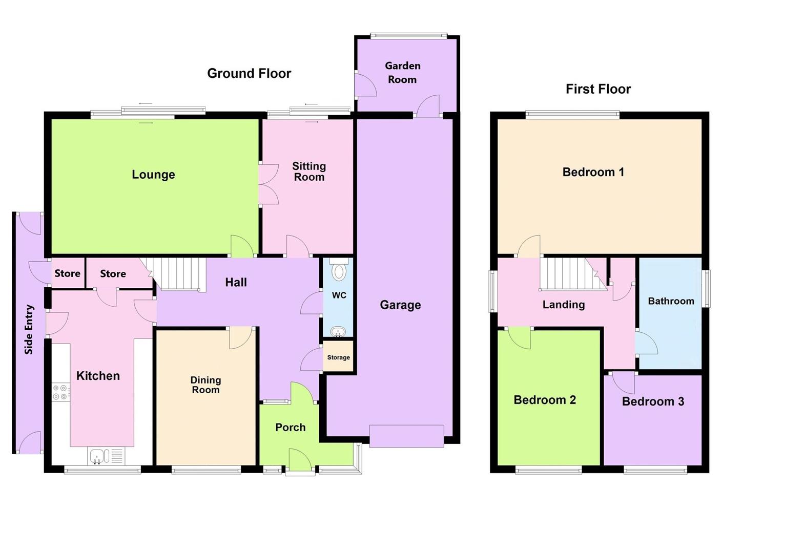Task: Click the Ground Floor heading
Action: coord(249,74)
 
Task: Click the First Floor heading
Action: coord(598,89)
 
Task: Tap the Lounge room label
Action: coord(153,175)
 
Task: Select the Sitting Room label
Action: coord(308,172)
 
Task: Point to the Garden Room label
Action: coord(402,73)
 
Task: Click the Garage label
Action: coord(400,305)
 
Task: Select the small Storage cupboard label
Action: coord(338,357)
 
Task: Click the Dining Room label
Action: coord(205,385)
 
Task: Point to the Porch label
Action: coord(290,428)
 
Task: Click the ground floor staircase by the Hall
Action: coord(177,273)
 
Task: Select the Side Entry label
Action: coord(29,329)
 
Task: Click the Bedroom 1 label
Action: coord(593,172)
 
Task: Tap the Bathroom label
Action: coord(671,301)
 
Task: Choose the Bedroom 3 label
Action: coord(653,401)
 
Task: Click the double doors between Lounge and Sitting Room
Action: coord(267,185)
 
